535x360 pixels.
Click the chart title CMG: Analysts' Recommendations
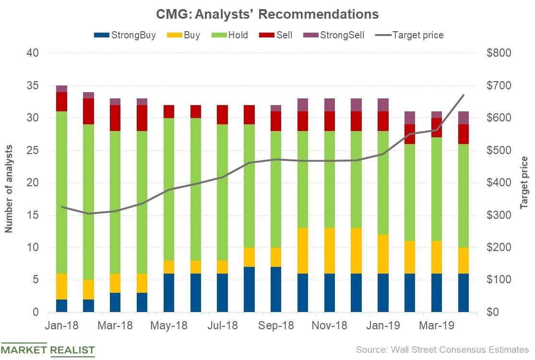tap(267, 14)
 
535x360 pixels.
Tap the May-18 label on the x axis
tap(169, 325)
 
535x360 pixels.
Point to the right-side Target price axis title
tap(524, 182)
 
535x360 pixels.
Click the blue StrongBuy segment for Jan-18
tap(62, 306)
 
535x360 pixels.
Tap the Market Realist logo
tap(48, 349)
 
